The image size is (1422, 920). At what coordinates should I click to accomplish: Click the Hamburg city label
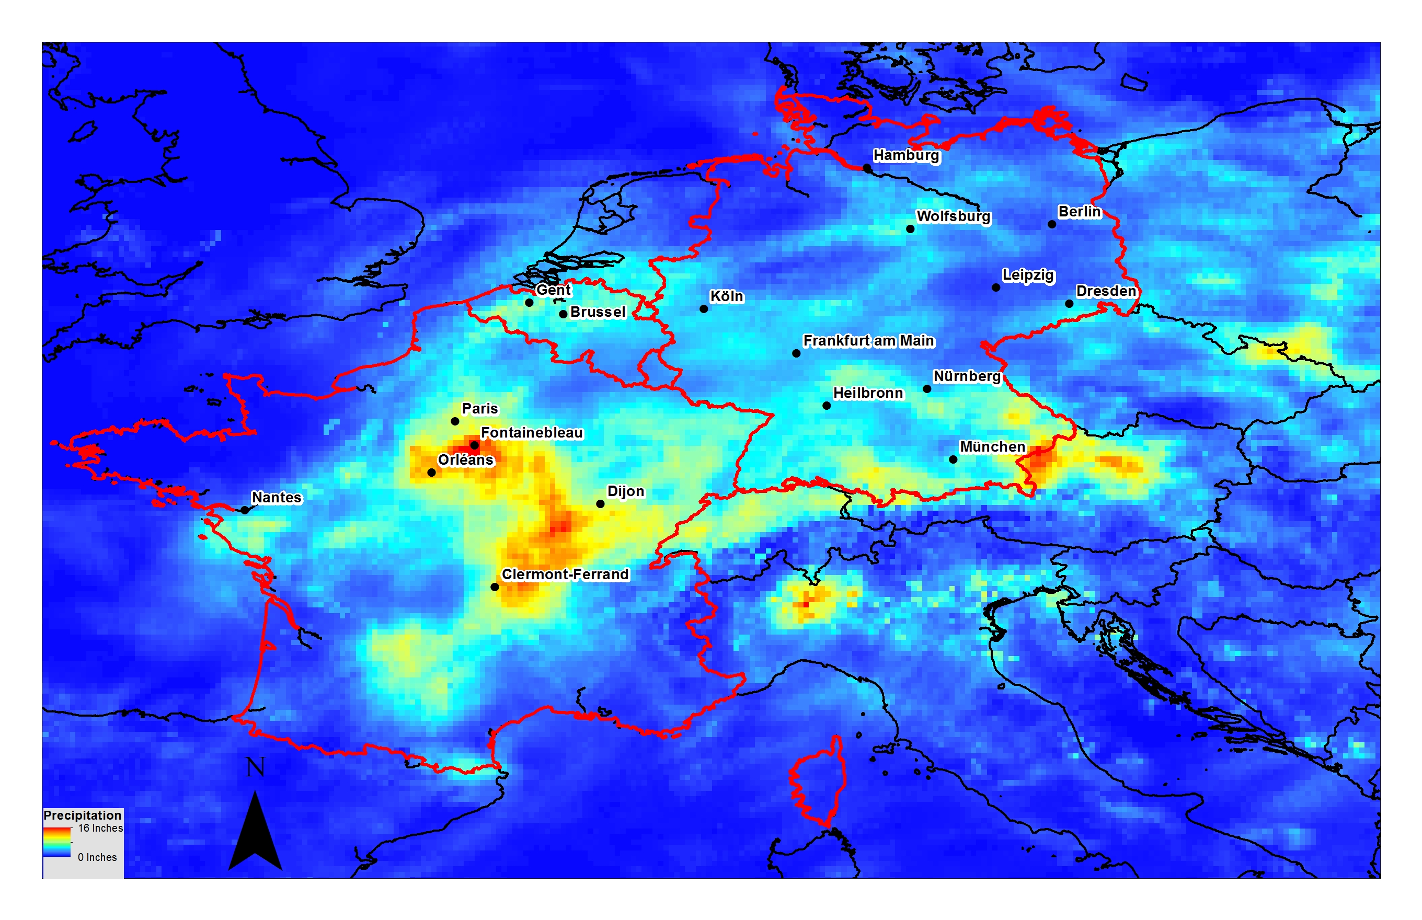[906, 155]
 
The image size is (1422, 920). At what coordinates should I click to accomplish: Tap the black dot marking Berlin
[1051, 225]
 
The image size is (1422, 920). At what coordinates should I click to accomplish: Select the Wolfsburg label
[953, 216]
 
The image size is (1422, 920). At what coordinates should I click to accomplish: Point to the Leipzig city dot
[996, 287]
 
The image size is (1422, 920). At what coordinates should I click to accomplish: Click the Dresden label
[1105, 291]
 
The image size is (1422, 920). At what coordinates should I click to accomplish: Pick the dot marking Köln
[704, 309]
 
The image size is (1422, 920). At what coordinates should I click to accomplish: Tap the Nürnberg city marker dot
[927, 389]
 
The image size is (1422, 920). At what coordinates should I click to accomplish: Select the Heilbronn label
[868, 393]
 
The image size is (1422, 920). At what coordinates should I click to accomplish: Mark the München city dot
[953, 459]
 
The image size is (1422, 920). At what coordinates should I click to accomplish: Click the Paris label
[480, 409]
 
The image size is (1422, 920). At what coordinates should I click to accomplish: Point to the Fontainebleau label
[531, 432]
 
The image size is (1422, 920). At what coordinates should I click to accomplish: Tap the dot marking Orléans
[431, 473]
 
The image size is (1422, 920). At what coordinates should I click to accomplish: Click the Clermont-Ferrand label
[565, 574]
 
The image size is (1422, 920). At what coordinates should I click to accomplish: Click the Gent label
[553, 290]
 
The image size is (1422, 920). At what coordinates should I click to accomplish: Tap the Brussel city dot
[563, 314]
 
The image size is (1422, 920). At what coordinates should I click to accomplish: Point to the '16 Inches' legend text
[100, 828]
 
